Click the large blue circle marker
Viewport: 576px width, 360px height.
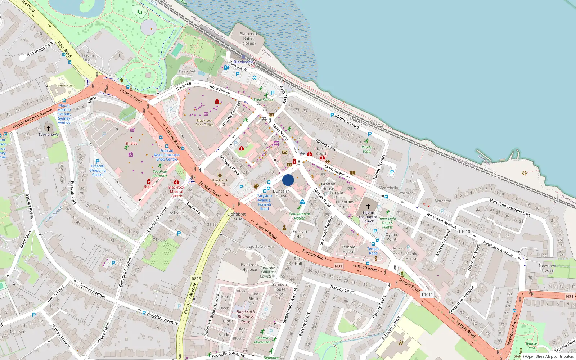tap(288, 180)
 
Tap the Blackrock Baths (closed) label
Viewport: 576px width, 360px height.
tap(248, 39)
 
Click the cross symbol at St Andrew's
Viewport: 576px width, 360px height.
tap(49, 128)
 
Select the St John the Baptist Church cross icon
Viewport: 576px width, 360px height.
tap(368, 206)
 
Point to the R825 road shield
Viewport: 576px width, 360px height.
tap(196, 279)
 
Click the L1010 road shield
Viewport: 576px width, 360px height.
tap(464, 231)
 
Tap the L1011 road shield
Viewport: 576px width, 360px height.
tap(427, 294)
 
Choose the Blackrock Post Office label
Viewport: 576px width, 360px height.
tap(204, 123)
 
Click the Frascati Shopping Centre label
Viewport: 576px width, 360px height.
tap(98, 170)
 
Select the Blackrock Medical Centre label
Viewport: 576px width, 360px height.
tap(176, 192)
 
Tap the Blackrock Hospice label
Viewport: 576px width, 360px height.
tap(249, 267)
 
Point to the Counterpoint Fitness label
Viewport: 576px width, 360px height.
tap(299, 216)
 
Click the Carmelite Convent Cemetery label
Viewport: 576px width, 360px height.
tap(267, 272)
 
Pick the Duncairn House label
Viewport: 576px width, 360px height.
tap(281, 194)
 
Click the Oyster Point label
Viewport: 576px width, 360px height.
tap(391, 237)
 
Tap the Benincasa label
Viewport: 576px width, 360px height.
tap(66, 85)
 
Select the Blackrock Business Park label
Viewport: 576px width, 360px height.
tap(246, 317)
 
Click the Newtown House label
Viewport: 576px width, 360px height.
tap(547, 268)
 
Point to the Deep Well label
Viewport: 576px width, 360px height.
tap(187, 71)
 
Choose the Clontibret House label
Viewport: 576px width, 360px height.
tap(236, 216)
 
